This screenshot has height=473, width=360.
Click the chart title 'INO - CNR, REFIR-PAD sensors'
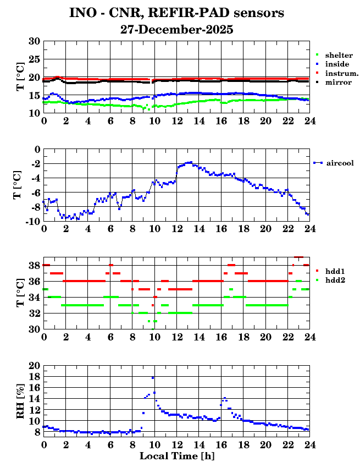pyautogui.click(x=176, y=12)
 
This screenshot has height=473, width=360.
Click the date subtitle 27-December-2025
pyautogui.click(x=176, y=30)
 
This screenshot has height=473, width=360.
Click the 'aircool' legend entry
pyautogui.click(x=339, y=163)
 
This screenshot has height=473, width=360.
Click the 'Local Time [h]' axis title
pyautogui.click(x=176, y=456)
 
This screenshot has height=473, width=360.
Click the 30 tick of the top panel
pyautogui.click(x=34, y=41)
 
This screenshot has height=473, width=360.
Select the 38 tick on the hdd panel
pyautogui.click(x=34, y=265)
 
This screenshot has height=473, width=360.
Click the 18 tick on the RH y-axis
pyautogui.click(x=34, y=377)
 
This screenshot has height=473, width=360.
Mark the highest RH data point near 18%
pyautogui.click(x=153, y=378)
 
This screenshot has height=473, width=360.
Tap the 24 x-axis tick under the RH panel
pyautogui.click(x=309, y=444)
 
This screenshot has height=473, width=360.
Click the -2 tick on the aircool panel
pyautogui.click(x=34, y=164)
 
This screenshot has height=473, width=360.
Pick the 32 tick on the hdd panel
pyautogui.click(x=34, y=313)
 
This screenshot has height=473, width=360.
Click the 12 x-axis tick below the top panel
pyautogui.click(x=176, y=120)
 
